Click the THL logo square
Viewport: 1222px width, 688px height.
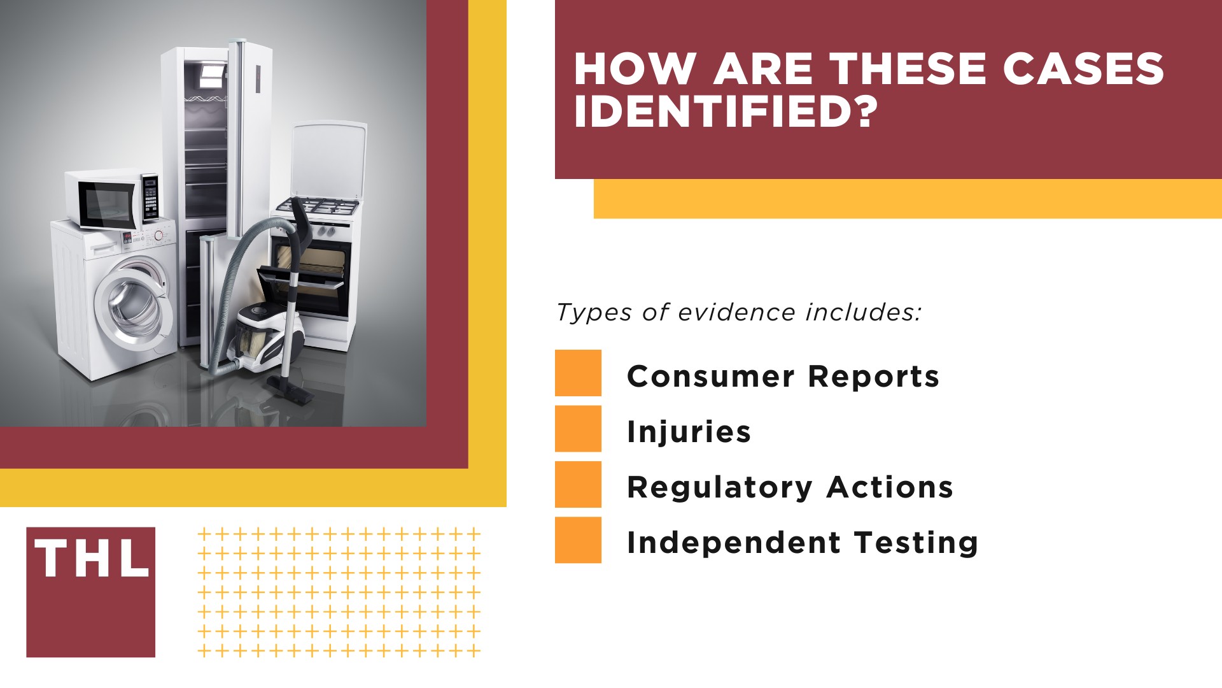90,592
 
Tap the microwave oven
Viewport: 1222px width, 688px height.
112,199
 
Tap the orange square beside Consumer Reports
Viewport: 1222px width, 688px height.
578,373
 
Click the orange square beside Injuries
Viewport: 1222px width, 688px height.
578,429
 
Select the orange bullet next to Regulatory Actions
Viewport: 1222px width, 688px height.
578,484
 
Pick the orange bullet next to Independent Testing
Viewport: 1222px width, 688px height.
578,540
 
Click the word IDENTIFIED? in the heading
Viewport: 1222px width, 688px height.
726,111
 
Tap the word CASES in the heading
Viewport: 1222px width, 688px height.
1084,68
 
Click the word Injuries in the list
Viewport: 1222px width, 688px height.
689,432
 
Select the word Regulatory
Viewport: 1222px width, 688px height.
720,488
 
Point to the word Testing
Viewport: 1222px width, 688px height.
916,543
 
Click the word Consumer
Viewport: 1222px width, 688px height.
711,376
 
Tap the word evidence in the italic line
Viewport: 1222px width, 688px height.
736,312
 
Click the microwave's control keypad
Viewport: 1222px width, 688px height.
150,197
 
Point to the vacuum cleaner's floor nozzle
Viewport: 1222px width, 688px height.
291,389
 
